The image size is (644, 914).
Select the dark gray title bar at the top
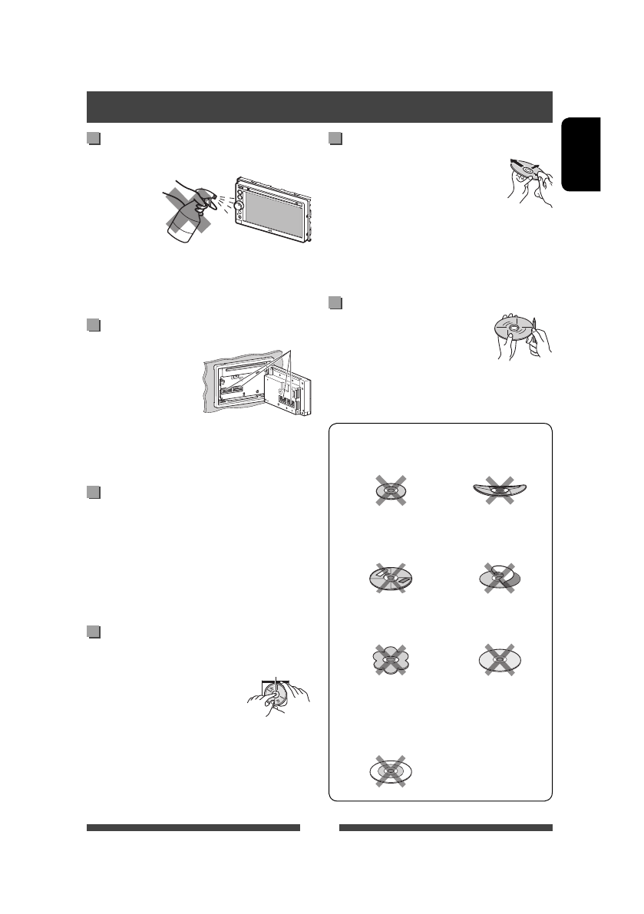click(319, 107)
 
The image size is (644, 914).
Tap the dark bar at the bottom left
click(193, 828)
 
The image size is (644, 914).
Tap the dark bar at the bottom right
click(445, 828)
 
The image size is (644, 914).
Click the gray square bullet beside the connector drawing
click(94, 325)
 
